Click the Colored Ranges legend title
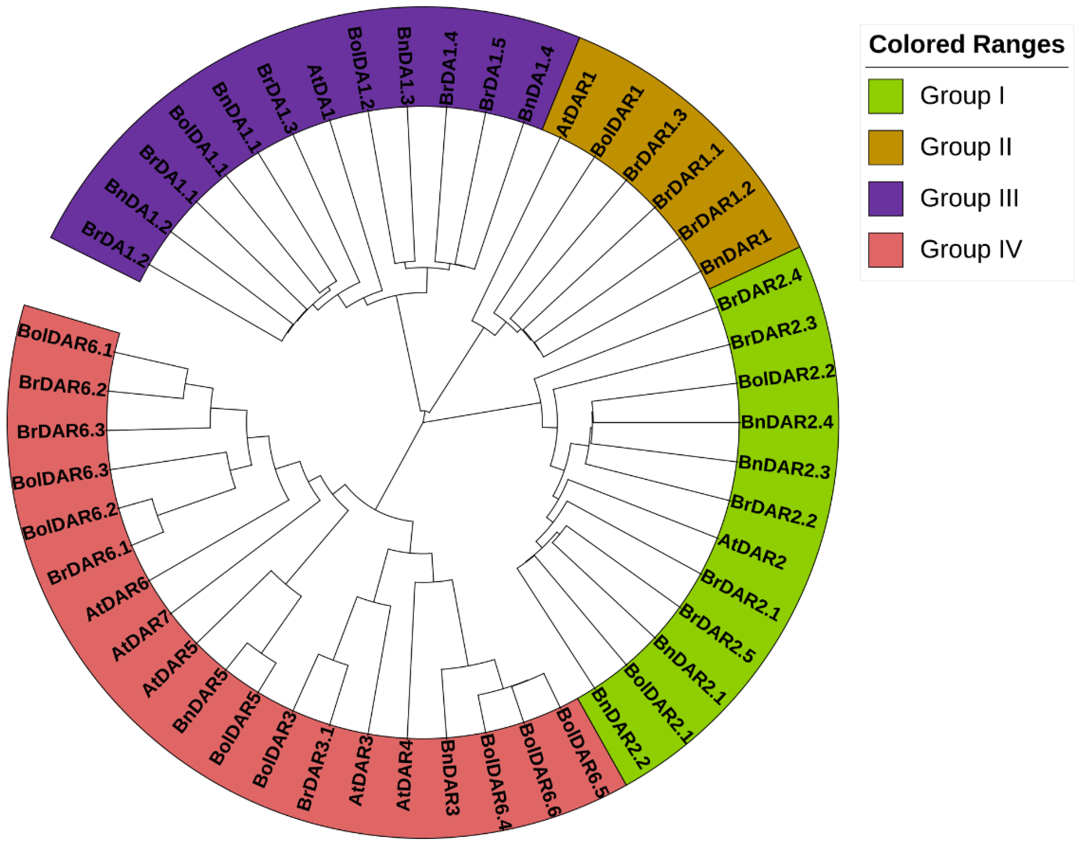(x=966, y=45)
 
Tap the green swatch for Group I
(x=885, y=96)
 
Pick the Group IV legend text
(x=971, y=249)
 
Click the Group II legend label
(x=965, y=147)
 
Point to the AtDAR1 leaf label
(x=577, y=104)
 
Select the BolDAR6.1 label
(x=66, y=341)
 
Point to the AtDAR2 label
(x=752, y=551)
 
